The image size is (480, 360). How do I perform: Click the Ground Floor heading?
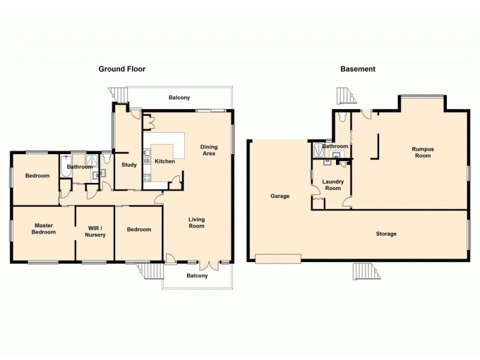122,69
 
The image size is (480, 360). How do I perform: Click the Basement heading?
358,69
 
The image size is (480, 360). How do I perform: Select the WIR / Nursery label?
95,231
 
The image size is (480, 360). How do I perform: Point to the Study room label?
129,165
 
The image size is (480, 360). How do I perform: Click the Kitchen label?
164,161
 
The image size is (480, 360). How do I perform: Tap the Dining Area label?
209,150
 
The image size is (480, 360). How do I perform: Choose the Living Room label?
196,223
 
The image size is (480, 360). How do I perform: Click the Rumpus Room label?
421,152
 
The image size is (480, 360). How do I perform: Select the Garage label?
280,196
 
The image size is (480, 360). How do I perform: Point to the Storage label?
386,233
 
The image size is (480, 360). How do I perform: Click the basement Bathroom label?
335,146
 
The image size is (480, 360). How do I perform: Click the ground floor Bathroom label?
80,167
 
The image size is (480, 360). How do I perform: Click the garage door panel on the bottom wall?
278,259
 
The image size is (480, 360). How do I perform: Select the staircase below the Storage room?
366,271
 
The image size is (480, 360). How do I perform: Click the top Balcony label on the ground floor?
179,97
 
